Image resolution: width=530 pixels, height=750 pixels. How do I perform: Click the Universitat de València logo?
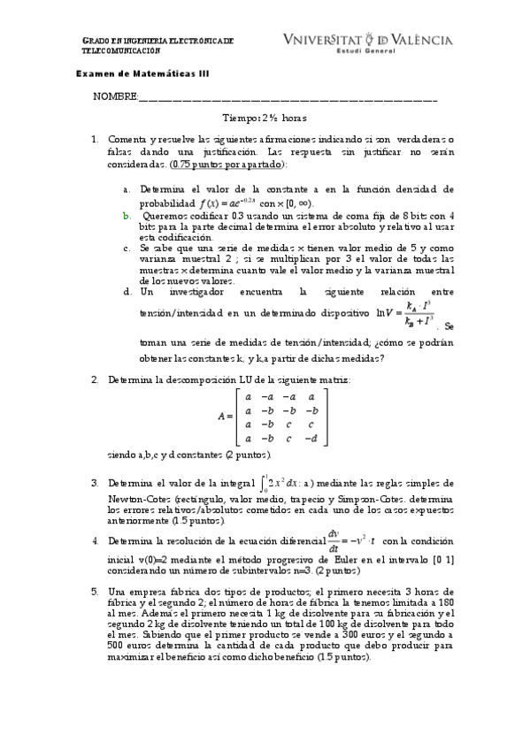point(367,43)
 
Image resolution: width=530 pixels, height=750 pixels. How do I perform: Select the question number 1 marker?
point(95,140)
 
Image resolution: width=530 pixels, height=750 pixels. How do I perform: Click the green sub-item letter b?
point(126,215)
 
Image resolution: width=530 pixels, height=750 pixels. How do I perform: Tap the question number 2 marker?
point(95,380)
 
